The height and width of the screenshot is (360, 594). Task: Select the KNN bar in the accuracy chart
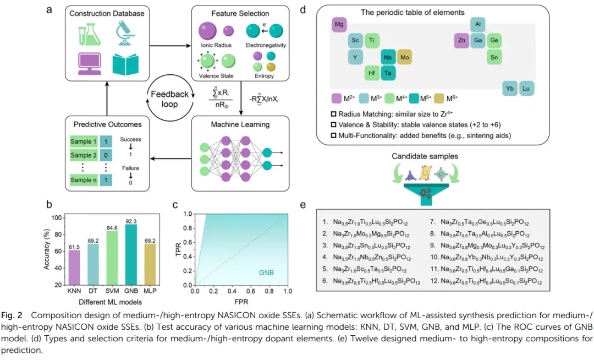tap(74, 268)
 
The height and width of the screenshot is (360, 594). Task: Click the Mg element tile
tap(340, 24)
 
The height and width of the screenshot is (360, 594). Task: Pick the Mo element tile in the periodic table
tap(405, 57)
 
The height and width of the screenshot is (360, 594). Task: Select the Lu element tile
tap(526, 88)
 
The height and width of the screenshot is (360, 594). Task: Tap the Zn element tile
tap(463, 40)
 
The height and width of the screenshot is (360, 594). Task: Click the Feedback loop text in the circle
tap(169, 100)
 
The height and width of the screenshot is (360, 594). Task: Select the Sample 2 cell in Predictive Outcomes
tap(84, 156)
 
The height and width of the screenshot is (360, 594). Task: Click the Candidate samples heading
tap(425, 157)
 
